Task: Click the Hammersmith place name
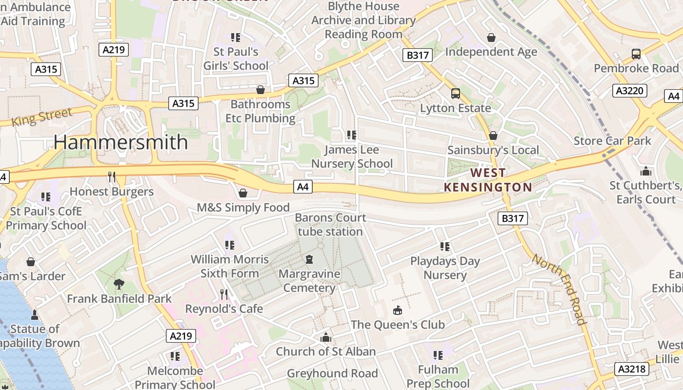[x=121, y=142]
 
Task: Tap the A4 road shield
[x=303, y=186]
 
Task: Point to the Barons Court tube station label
[x=330, y=224]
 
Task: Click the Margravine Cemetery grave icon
[x=309, y=259]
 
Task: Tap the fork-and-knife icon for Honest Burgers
[x=112, y=176]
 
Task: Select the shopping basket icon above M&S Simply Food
[x=243, y=193]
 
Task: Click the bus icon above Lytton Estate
[x=455, y=93]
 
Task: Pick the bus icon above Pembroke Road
[x=636, y=54]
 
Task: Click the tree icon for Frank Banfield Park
[x=119, y=284]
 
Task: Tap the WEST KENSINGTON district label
[x=488, y=180]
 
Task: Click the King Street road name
[x=42, y=117]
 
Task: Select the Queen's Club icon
[x=398, y=310]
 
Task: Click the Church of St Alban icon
[x=325, y=337]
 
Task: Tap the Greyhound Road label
[x=332, y=373]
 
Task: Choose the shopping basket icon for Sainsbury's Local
[x=493, y=136]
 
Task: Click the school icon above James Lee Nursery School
[x=351, y=135]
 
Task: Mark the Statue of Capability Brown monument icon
[x=35, y=314]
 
